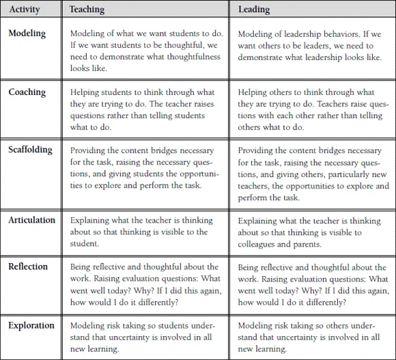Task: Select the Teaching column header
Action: [x=88, y=10]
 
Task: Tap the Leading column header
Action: [x=254, y=10]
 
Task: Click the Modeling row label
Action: [x=27, y=34]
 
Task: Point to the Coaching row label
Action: [x=27, y=92]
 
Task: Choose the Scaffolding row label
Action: [x=31, y=150]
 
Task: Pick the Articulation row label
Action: [x=32, y=220]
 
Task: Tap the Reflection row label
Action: [x=28, y=267]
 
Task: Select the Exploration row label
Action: [x=31, y=326]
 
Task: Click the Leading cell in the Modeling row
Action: [x=313, y=45]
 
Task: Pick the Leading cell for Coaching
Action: [x=313, y=109]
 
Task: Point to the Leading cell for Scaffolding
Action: [x=313, y=174]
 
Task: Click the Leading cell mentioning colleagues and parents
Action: [x=313, y=232]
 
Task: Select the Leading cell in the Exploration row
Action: [x=313, y=337]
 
